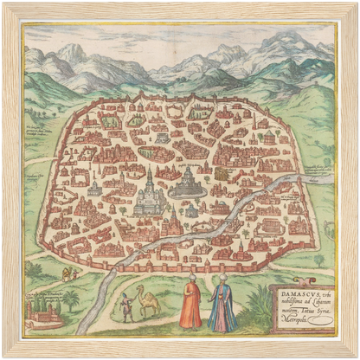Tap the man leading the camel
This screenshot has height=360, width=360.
point(127,306)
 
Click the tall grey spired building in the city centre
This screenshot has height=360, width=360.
point(150,194)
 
